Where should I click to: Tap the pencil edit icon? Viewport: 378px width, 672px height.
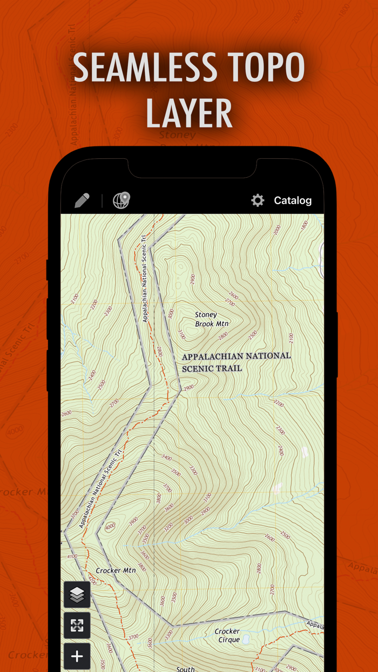point(82,200)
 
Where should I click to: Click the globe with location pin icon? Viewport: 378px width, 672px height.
point(122,200)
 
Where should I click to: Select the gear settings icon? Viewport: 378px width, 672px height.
point(258,200)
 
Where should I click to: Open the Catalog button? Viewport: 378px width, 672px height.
point(293,200)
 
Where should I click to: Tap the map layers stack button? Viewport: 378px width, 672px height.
point(77,594)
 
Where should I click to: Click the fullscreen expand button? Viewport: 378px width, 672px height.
point(77,625)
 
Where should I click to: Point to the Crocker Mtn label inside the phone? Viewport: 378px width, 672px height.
point(116,570)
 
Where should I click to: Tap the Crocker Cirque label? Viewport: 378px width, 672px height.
point(227,635)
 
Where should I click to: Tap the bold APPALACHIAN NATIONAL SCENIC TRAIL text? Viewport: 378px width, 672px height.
point(236,362)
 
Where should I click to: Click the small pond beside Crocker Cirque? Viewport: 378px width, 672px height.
point(246,640)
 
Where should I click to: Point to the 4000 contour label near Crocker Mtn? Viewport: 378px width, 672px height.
point(111,527)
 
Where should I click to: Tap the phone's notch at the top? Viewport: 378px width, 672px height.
point(192,167)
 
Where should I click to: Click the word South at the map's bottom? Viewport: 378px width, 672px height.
point(185,669)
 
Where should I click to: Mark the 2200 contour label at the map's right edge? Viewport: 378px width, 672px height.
point(279,403)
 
